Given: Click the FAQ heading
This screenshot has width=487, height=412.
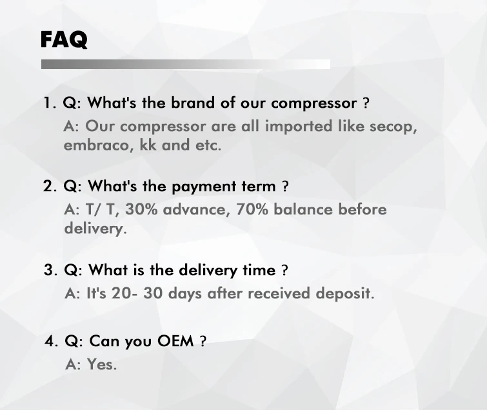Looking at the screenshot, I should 64,40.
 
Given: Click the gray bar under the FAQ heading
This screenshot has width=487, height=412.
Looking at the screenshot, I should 186,65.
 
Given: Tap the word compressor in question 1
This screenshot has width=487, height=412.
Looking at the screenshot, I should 313,103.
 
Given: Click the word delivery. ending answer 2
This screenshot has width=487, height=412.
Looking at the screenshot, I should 95,229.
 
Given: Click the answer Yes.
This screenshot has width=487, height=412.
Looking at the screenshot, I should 102,364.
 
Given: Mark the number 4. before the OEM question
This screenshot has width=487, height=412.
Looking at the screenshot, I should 51,341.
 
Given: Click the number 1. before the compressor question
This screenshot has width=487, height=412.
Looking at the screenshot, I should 50,103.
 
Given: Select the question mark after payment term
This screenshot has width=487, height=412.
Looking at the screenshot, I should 285,187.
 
